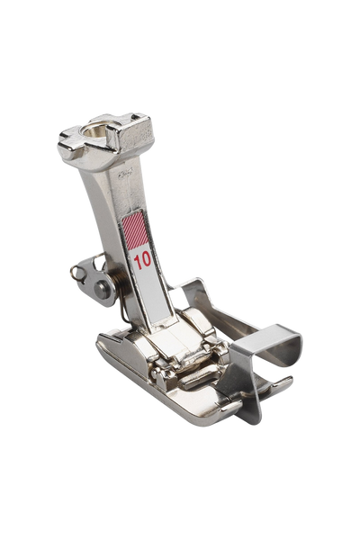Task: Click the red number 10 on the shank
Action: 142,261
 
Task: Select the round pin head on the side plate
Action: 100,288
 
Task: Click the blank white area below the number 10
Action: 156,292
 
